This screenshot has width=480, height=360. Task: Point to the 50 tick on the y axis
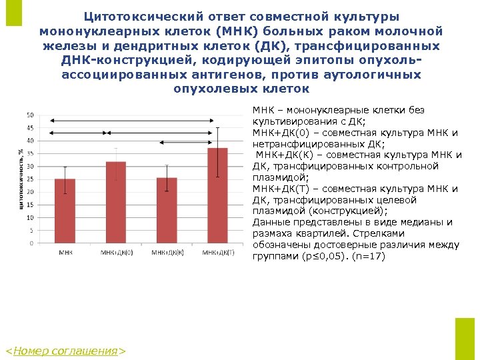point(29,115)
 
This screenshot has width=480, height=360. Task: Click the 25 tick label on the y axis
point(29,179)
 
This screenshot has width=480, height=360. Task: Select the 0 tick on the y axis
point(31,243)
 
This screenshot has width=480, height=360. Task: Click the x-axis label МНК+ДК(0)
point(117,253)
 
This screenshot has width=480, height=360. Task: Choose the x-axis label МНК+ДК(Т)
point(218,253)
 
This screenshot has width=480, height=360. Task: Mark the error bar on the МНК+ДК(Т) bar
point(217,152)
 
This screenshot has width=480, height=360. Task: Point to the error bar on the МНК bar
point(65,179)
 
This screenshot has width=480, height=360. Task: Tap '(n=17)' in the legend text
point(370,255)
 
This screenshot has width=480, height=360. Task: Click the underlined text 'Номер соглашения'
point(65,351)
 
